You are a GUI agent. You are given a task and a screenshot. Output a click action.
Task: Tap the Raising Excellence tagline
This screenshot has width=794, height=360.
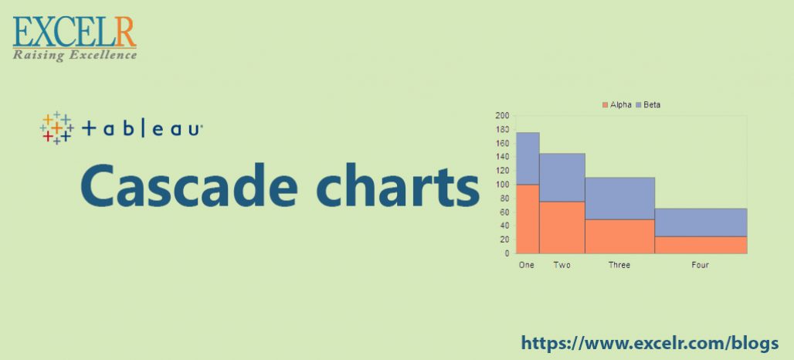click(x=74, y=55)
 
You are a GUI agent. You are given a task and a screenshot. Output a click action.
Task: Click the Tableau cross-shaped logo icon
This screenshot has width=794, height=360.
click(x=56, y=128)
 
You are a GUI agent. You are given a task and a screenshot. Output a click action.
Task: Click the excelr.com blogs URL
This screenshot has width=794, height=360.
click(x=650, y=342)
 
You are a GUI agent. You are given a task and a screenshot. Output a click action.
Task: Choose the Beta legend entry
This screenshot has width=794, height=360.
click(x=648, y=104)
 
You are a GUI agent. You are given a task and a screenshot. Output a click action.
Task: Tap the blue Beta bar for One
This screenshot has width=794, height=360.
click(x=528, y=158)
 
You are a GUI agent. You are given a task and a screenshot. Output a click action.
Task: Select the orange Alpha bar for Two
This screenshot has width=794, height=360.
click(x=562, y=227)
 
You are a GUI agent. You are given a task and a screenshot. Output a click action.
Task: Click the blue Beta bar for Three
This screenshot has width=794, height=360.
click(x=619, y=199)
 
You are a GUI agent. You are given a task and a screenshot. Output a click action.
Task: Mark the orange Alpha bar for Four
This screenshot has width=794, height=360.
click(x=700, y=244)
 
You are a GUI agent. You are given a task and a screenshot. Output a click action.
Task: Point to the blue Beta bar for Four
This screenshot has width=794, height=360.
click(x=700, y=222)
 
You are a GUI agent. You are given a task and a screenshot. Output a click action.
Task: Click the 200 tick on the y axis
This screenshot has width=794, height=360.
click(x=502, y=116)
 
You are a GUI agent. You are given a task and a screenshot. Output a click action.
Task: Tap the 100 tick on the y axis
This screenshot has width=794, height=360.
click(x=502, y=185)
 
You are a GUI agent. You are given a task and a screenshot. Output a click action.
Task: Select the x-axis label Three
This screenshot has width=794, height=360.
click(x=619, y=265)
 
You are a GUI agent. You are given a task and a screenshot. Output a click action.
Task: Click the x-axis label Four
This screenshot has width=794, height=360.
click(x=700, y=265)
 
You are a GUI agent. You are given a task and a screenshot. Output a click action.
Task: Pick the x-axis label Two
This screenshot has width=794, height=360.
click(x=562, y=265)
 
